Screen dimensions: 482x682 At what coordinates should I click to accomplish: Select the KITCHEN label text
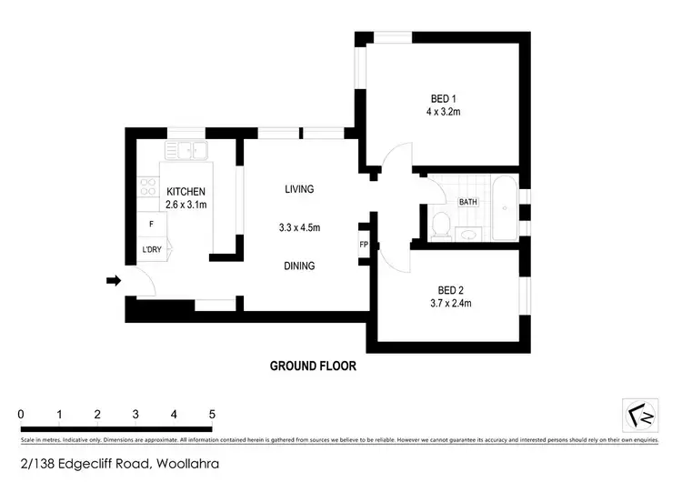[186, 192]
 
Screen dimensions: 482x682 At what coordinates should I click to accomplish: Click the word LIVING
[299, 189]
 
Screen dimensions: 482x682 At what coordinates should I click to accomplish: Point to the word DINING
[299, 266]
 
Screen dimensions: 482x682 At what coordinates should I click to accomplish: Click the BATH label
[468, 202]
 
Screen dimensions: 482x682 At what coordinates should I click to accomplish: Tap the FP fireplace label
[364, 245]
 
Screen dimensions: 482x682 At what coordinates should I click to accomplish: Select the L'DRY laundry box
[151, 250]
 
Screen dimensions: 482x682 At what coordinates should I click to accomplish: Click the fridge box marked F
[151, 224]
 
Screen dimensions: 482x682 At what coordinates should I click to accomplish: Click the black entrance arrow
[113, 281]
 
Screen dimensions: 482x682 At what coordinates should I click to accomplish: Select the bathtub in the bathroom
[505, 209]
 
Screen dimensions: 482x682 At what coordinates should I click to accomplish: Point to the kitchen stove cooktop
[145, 188]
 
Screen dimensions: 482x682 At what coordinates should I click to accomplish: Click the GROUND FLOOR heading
[312, 367]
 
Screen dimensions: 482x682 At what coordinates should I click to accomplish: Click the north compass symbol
[640, 417]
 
